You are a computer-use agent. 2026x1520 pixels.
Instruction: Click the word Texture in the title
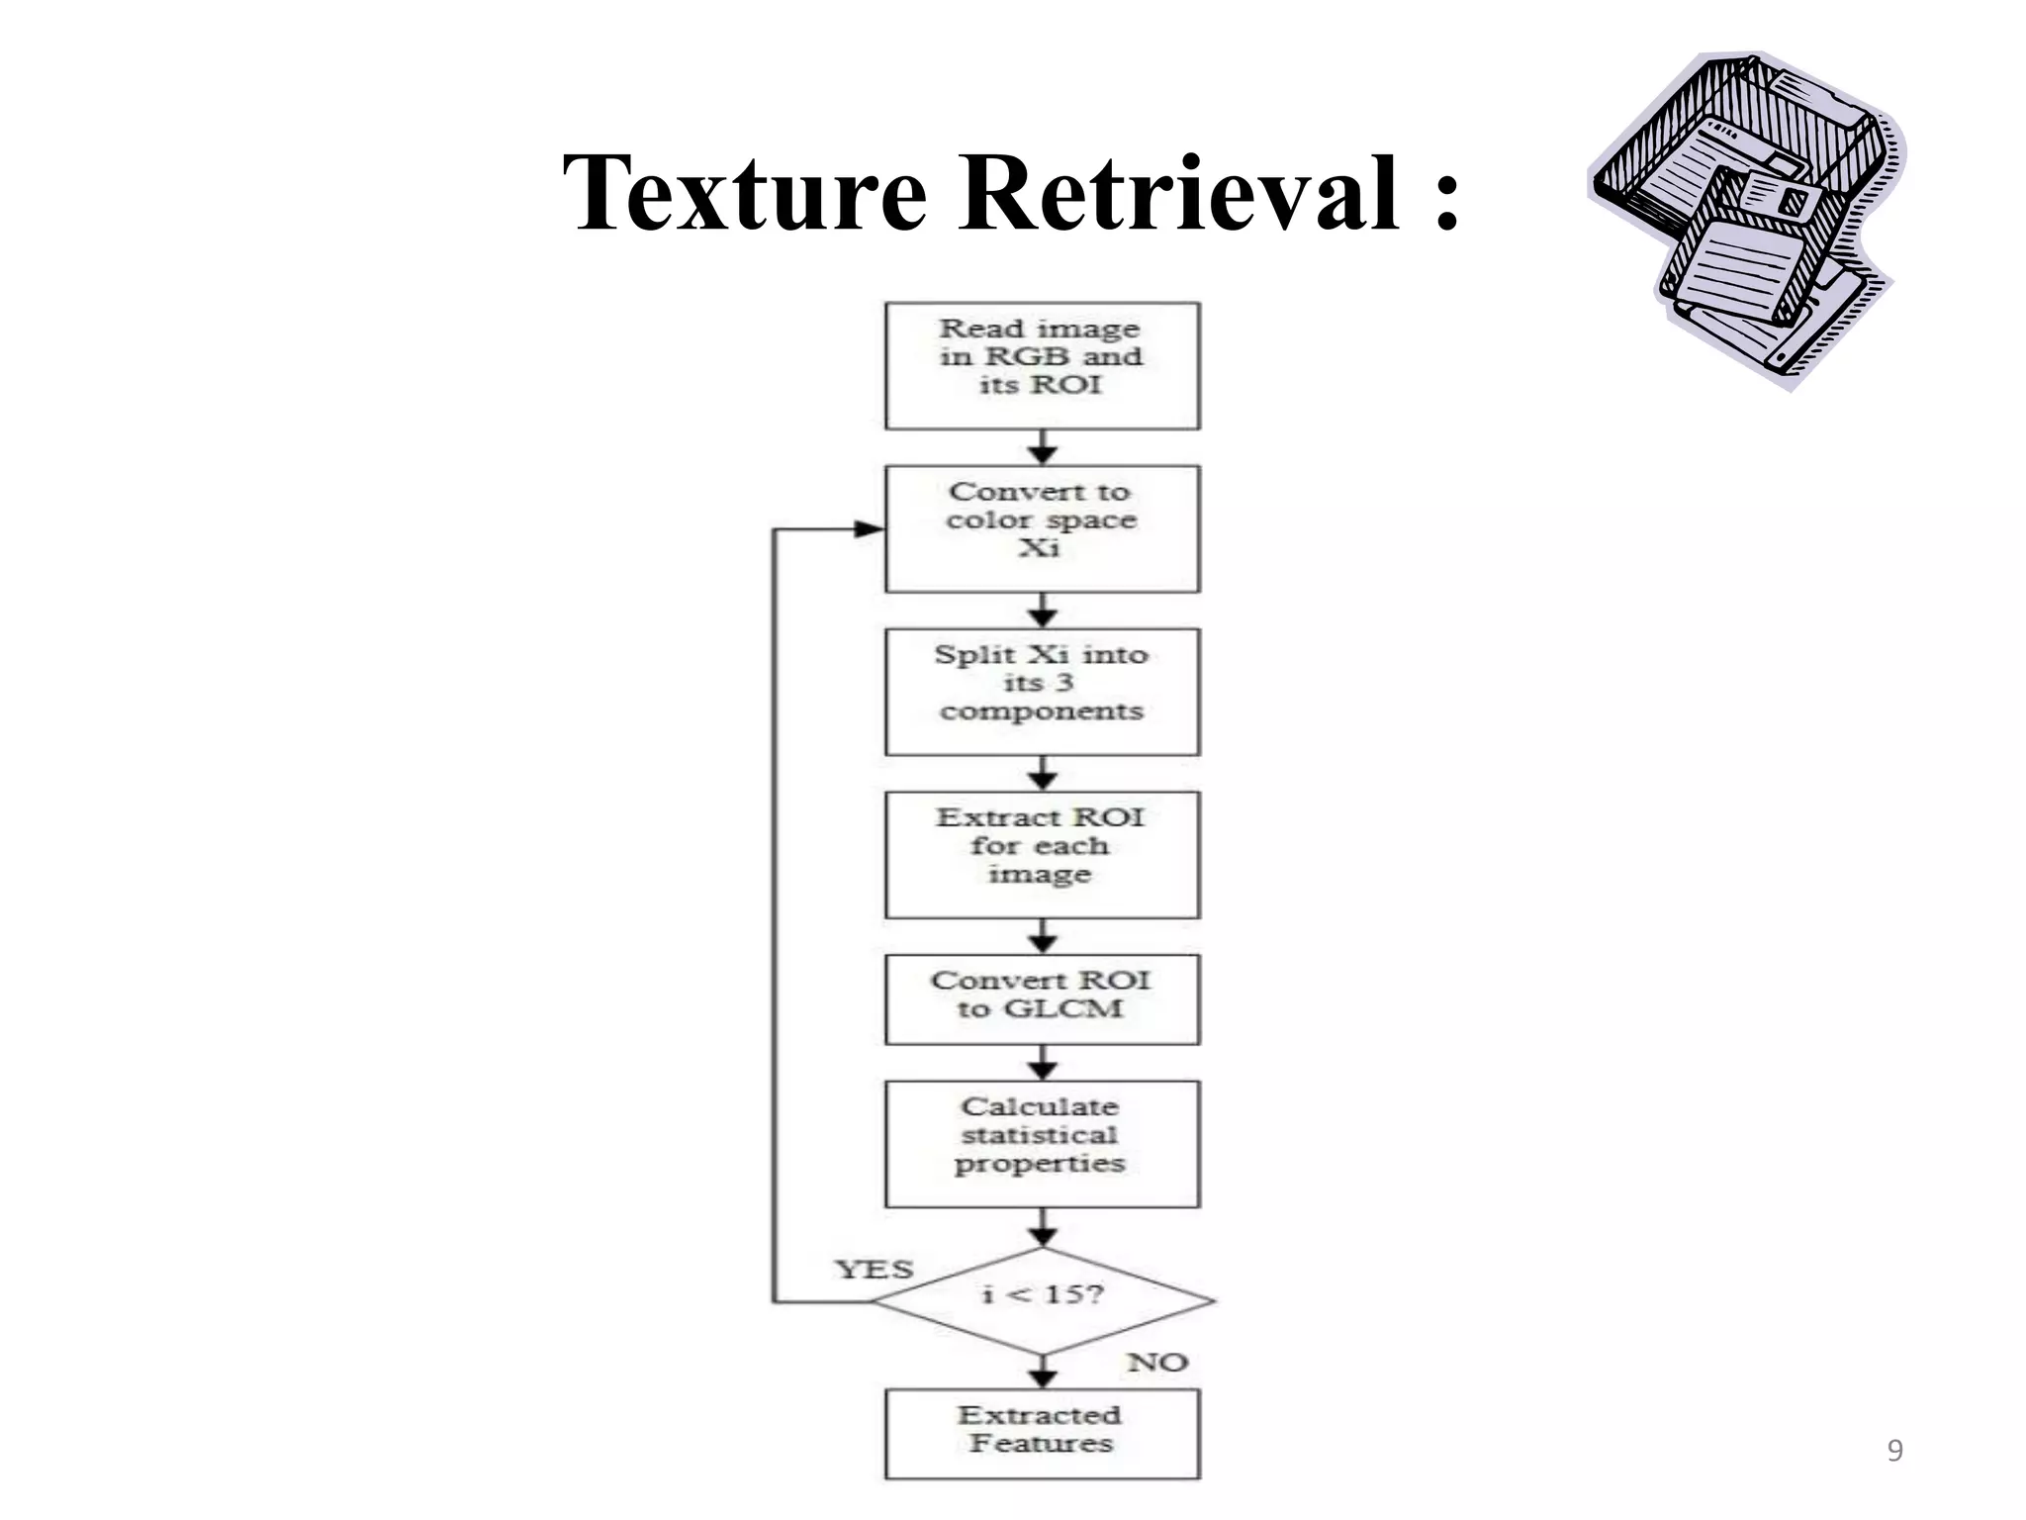(744, 193)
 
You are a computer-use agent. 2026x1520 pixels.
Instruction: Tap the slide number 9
(1894, 1451)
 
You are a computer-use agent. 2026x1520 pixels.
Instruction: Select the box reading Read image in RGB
(1042, 365)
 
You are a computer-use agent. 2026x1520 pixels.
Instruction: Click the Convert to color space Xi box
(1042, 528)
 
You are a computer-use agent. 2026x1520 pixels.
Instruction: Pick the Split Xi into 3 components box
(1042, 692)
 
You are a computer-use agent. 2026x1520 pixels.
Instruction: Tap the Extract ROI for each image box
(1042, 854)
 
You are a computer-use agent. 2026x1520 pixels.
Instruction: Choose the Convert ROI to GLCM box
(1042, 998)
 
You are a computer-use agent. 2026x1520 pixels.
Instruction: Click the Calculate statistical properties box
(1042, 1143)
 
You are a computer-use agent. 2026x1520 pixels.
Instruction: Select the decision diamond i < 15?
(1042, 1299)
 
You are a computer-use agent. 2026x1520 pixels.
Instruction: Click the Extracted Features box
(1042, 1434)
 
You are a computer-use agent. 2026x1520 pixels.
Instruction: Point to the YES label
(874, 1269)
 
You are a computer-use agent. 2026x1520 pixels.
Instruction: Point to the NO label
(1156, 1363)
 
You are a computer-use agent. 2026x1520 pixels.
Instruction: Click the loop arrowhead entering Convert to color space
(869, 528)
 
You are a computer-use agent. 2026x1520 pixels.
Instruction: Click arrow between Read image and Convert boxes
(1042, 447)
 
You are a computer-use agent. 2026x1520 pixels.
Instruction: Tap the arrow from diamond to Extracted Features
(1042, 1374)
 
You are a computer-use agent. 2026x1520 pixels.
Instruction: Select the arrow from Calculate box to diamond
(1042, 1228)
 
